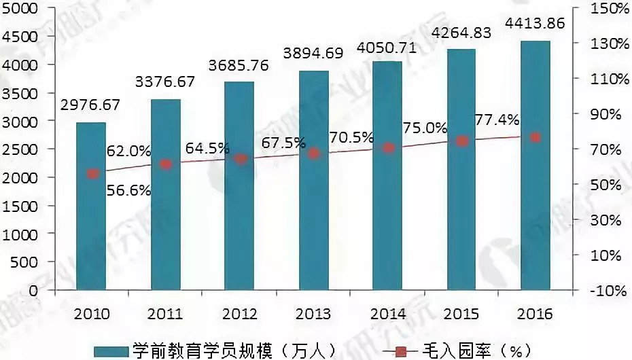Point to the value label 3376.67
[165, 82]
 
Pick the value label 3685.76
[239, 66]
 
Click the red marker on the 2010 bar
[92, 174]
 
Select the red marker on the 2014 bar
[388, 147]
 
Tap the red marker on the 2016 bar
[536, 137]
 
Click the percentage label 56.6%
[128, 191]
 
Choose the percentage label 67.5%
[283, 145]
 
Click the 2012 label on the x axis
[239, 314]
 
